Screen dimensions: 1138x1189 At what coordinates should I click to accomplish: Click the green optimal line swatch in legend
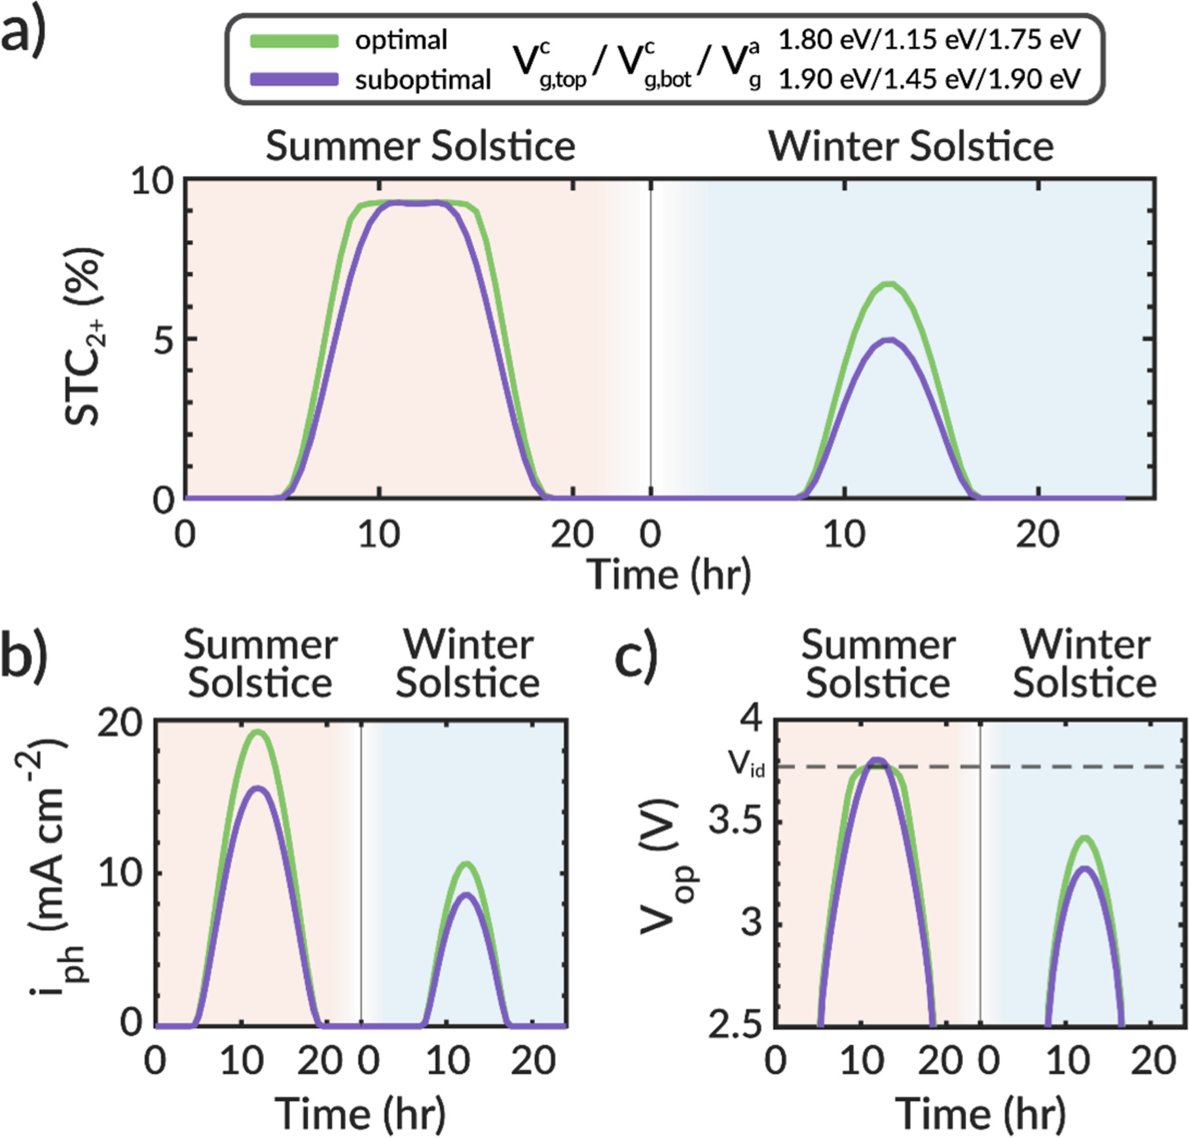tap(294, 41)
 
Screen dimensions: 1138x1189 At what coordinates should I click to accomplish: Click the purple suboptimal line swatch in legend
tap(294, 80)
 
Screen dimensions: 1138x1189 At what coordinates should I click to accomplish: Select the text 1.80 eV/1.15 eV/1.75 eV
tap(929, 40)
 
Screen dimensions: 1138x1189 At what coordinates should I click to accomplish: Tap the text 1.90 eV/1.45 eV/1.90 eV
tap(929, 79)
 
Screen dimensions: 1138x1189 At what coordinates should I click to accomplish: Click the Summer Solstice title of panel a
tap(420, 145)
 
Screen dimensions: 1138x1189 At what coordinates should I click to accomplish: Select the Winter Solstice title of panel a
tap(911, 145)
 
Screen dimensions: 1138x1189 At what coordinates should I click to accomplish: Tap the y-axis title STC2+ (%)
tap(84, 337)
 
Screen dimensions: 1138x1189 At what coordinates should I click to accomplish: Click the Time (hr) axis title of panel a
tap(668, 575)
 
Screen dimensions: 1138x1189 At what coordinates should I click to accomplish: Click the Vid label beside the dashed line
tap(746, 764)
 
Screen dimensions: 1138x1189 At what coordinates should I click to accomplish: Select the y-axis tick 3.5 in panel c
tap(736, 820)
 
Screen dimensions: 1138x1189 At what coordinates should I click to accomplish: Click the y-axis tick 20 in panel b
tap(120, 723)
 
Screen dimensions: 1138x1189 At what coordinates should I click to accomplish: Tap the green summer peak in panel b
tap(258, 732)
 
